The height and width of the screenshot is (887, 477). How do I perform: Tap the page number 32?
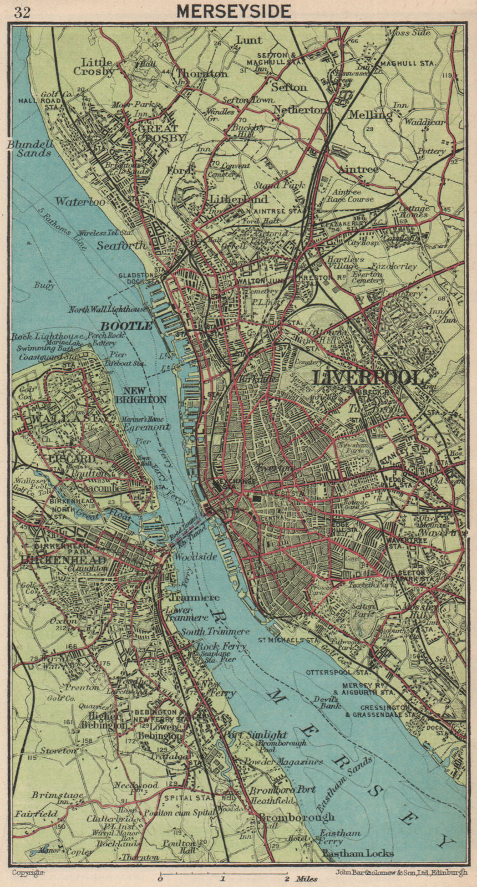click(x=22, y=12)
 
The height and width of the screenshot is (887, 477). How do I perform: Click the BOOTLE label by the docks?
click(x=126, y=326)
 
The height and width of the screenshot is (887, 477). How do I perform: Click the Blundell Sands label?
click(x=30, y=148)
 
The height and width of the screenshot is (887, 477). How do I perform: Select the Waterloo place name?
click(x=80, y=202)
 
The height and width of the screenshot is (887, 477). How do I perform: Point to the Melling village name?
click(x=371, y=115)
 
